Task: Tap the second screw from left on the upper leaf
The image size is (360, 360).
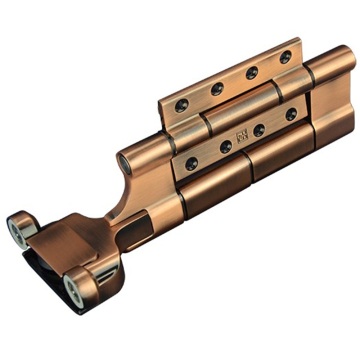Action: pos(217,89)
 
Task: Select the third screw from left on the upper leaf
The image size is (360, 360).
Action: pos(251,73)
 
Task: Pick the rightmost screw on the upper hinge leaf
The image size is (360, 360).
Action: pos(285,57)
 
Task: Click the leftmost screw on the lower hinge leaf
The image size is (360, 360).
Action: pos(191,163)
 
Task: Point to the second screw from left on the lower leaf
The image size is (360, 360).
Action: pos(226,146)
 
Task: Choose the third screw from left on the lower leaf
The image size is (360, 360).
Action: pos(258,130)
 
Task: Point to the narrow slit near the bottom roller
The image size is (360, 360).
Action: pos(104,275)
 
